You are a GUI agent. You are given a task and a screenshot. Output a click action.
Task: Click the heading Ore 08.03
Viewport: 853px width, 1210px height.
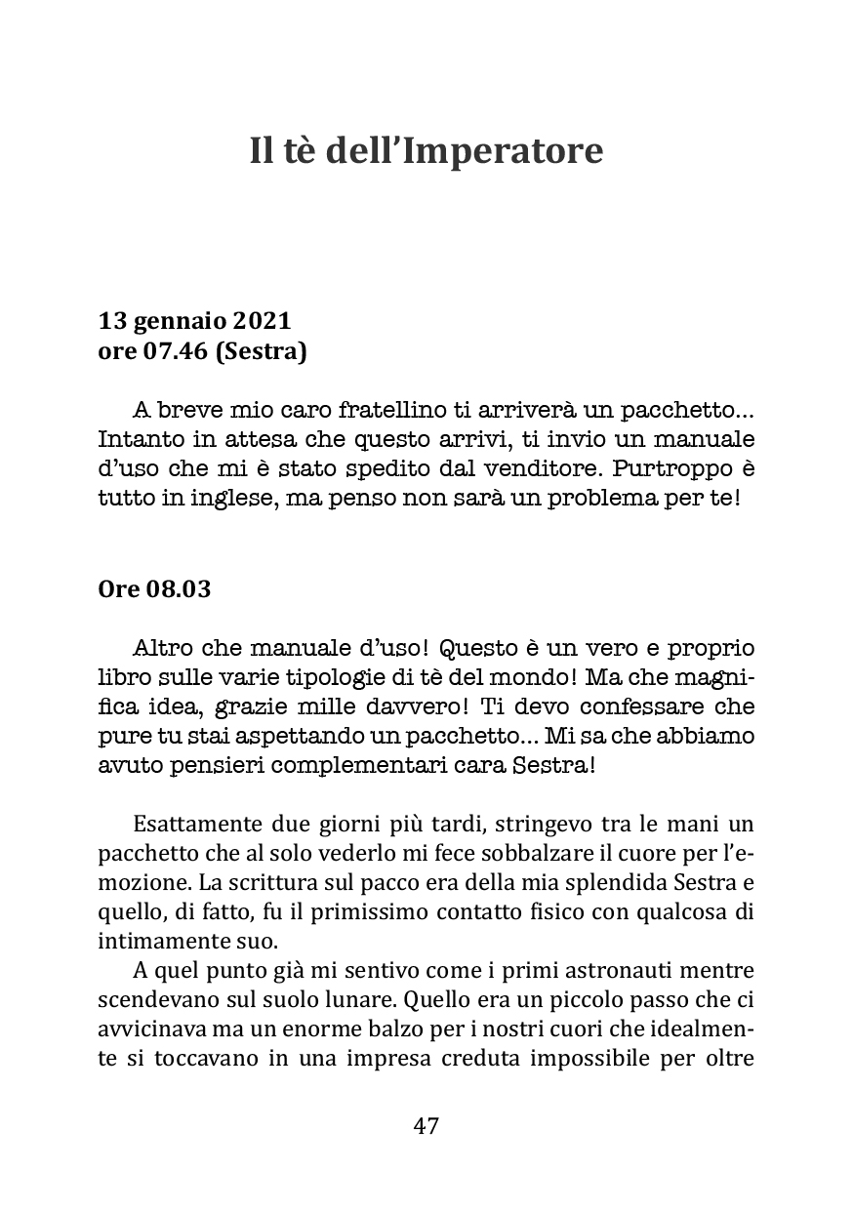tap(155, 589)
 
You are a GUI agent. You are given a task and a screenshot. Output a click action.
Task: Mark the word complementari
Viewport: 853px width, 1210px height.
tap(345, 764)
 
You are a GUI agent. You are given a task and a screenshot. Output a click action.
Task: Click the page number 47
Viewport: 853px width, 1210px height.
tap(426, 1126)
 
